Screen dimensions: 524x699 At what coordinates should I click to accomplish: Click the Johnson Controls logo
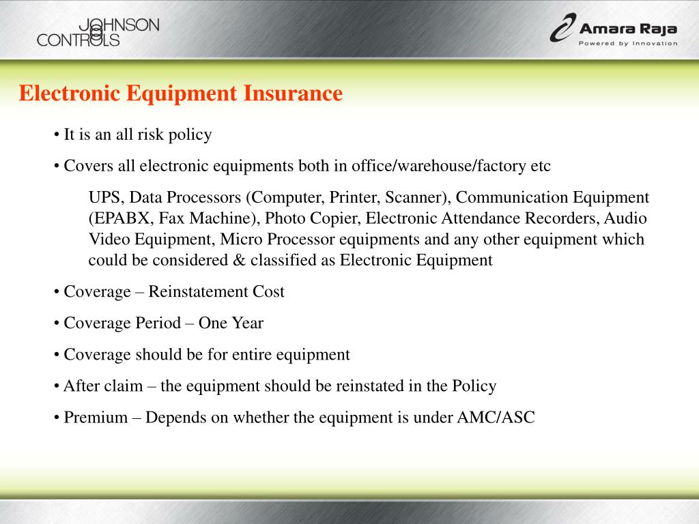tap(98, 32)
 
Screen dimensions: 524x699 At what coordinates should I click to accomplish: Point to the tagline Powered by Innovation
tap(627, 44)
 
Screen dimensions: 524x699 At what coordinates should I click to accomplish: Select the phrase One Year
tap(231, 323)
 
